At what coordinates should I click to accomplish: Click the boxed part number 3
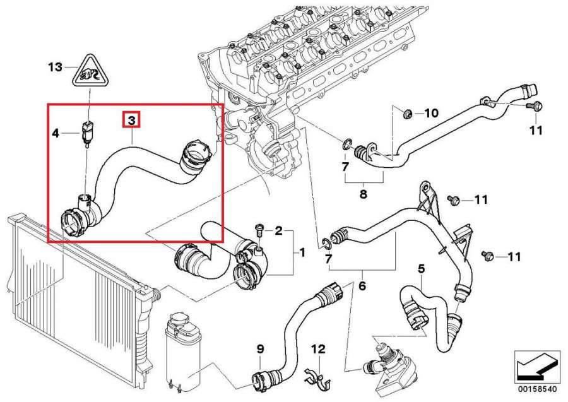(132, 119)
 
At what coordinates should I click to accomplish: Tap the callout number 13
(56, 66)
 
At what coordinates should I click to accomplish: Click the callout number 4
(56, 133)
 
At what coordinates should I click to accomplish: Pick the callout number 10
(430, 114)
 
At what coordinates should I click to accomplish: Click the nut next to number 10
(408, 114)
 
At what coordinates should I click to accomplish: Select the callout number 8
(363, 194)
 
